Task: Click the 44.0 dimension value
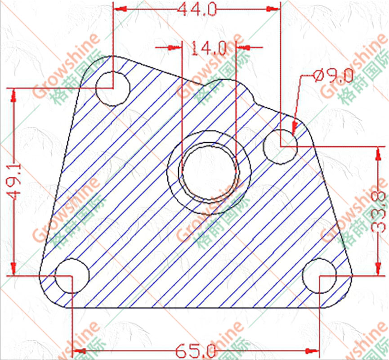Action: [197, 9]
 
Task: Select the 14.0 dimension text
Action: [209, 48]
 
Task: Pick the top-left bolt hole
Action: [113, 88]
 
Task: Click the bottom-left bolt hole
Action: [72, 275]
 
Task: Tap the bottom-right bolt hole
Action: [320, 275]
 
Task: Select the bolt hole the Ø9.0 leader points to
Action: [280, 147]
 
